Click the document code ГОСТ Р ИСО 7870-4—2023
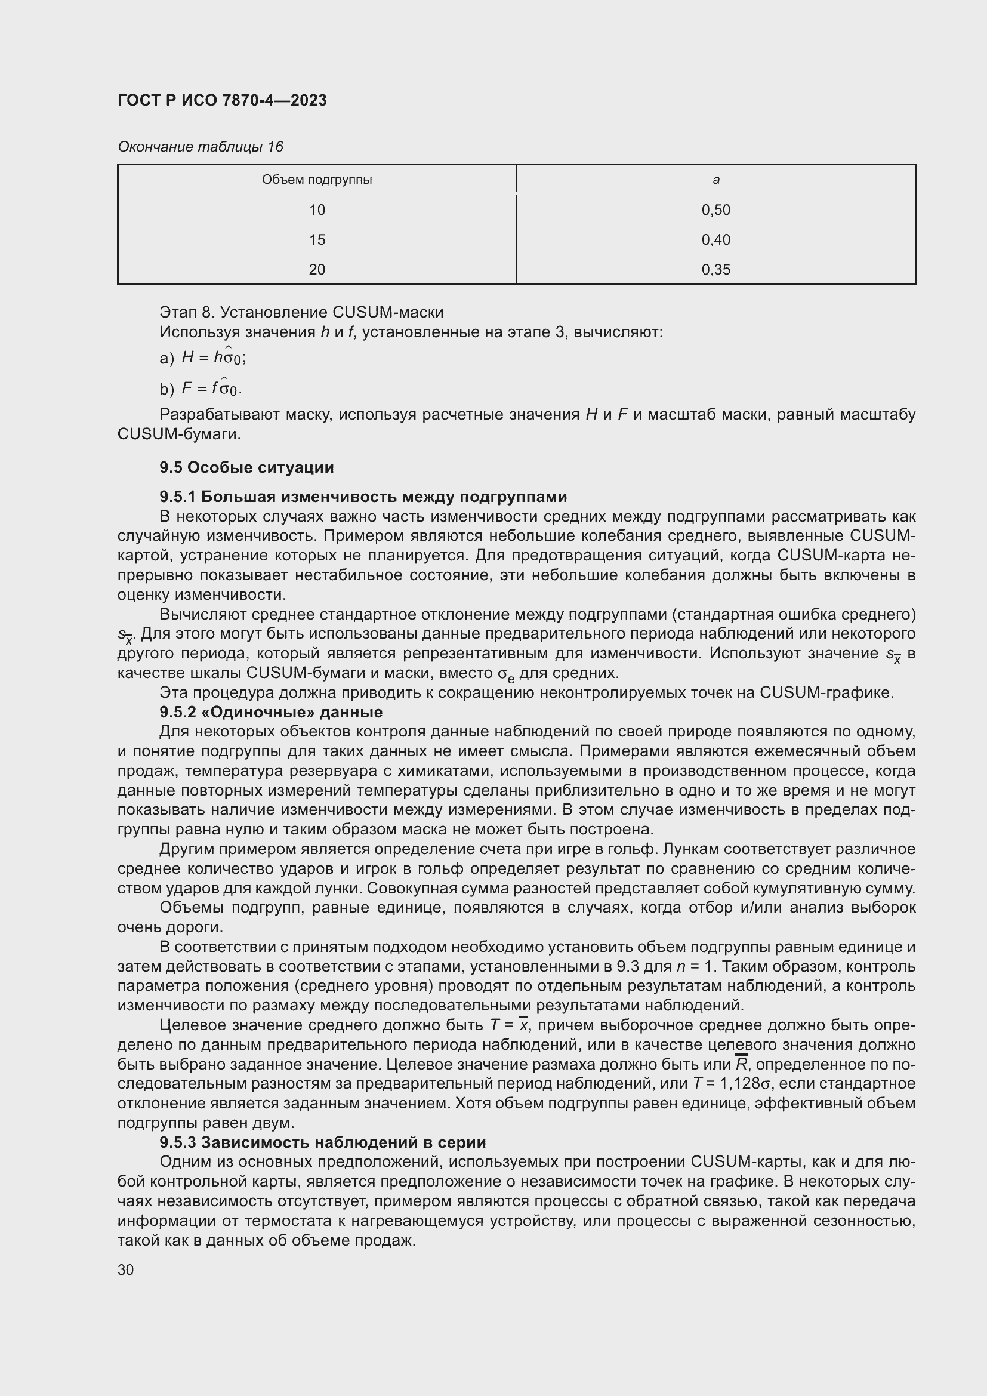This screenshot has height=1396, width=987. pos(222,100)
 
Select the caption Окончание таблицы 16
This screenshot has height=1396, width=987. pos(200,147)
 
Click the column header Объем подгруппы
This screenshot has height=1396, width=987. pos(317,180)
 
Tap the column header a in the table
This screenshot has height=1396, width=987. pos(716,180)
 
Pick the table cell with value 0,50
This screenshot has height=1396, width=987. pos(716,209)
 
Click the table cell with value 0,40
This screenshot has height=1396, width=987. pos(716,239)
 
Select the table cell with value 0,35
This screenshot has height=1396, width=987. pos(716,269)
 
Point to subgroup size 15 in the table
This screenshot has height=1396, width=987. pos(317,239)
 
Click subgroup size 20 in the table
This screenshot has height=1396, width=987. pos(317,269)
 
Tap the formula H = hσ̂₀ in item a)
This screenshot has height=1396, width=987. pos(213,357)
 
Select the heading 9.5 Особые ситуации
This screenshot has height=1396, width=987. pos(247,467)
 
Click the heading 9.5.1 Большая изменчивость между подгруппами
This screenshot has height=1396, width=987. pos(363,497)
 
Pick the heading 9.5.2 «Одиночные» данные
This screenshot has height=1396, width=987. pos(271,711)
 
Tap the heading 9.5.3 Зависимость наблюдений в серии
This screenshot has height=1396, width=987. pos(322,1142)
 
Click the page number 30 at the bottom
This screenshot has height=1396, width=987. pos(126,1269)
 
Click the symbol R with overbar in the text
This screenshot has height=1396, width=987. pos(741,1064)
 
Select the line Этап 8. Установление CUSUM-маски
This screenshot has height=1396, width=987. pos(301,312)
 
